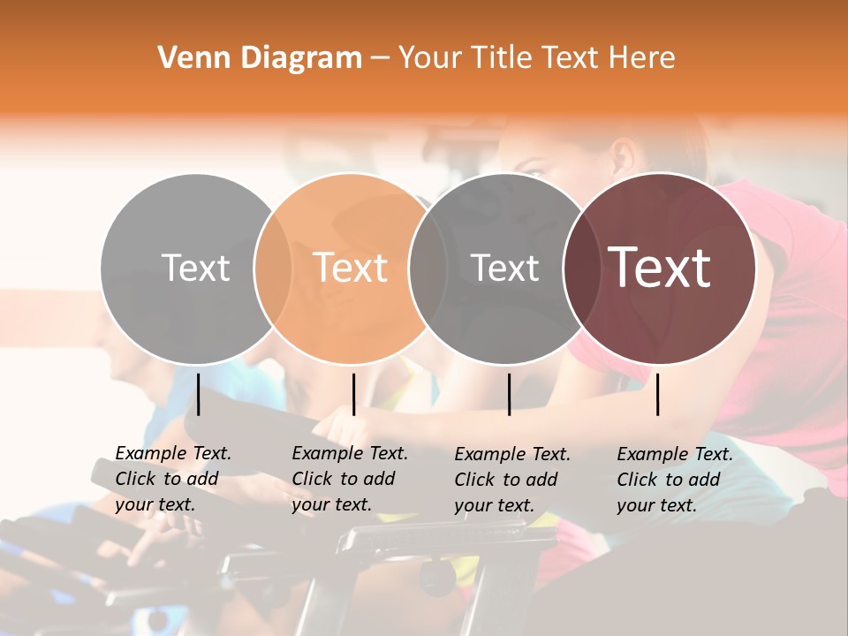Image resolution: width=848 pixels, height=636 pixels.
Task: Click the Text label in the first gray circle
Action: [195, 268]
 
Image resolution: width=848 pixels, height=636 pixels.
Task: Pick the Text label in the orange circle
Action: [351, 268]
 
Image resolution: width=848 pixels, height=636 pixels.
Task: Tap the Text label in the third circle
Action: [504, 268]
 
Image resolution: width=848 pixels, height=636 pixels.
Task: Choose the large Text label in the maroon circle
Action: [660, 268]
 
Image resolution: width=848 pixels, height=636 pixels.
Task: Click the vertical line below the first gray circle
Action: [199, 394]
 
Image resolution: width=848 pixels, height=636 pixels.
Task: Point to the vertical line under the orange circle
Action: [353, 394]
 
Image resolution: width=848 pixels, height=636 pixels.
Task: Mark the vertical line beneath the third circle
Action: [509, 394]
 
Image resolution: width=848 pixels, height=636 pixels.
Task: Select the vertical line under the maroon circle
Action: [658, 394]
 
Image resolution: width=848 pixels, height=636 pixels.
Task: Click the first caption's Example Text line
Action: [173, 453]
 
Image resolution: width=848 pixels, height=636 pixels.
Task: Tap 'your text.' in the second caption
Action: [331, 504]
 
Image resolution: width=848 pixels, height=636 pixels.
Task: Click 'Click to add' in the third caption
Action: [506, 480]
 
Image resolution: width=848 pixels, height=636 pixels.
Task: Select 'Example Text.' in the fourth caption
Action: [675, 454]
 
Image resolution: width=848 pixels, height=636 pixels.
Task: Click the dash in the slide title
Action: [380, 58]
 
